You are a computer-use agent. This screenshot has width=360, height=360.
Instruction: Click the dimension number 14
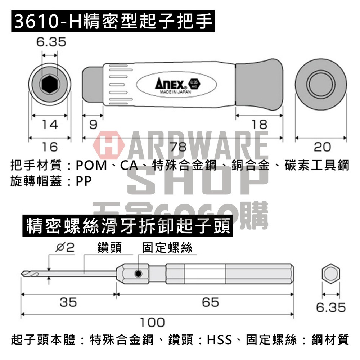pos(49,125)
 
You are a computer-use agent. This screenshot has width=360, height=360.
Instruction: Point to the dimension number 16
pos(49,147)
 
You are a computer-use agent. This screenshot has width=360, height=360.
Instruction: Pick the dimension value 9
pos(93,125)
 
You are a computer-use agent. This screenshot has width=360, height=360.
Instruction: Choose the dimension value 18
pos(259,125)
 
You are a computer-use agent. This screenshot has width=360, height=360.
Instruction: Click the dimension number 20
pos(322,147)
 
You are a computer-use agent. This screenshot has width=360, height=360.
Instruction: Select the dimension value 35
pos(68,302)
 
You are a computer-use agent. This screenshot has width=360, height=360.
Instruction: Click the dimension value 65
pos(211,302)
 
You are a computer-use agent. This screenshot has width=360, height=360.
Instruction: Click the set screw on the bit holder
pos(137,274)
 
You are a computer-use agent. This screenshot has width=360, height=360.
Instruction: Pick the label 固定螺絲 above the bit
pos(167,248)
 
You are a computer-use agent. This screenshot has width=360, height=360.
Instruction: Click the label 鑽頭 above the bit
pos(109,248)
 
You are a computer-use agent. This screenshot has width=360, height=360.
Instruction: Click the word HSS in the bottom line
pos(220,339)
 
